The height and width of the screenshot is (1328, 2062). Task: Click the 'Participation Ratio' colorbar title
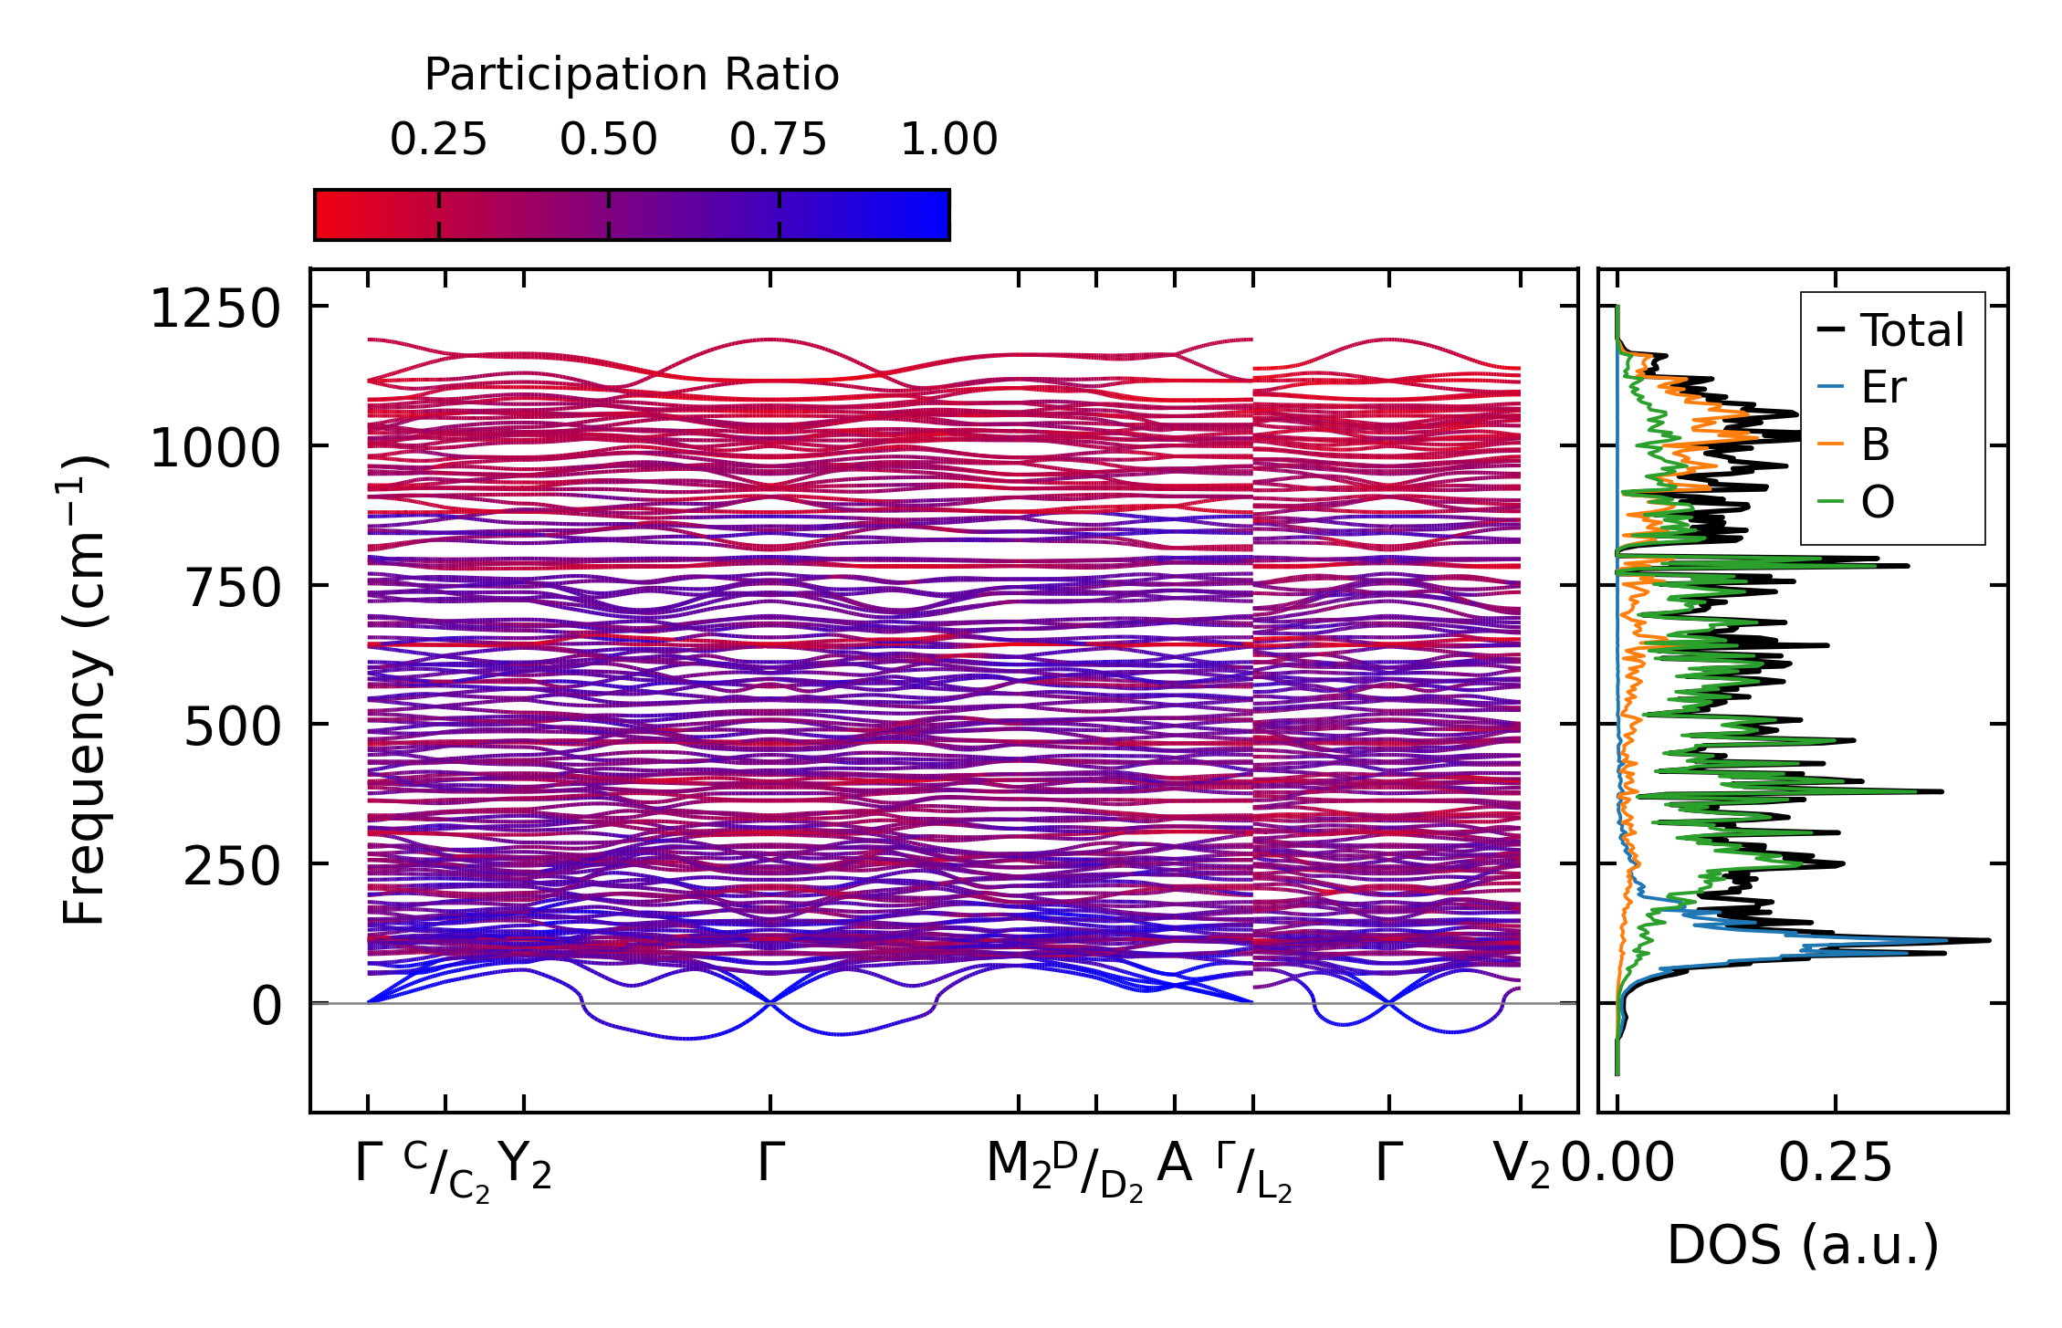[632, 75]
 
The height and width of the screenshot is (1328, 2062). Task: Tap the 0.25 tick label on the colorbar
[438, 140]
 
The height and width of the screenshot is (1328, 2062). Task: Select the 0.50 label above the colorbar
[608, 140]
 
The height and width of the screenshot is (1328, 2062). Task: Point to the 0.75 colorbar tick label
[778, 140]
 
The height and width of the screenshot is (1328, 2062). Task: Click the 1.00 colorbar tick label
[948, 140]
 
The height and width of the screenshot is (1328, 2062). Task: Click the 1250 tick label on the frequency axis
[215, 308]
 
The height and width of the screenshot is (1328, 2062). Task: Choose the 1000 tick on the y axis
[215, 448]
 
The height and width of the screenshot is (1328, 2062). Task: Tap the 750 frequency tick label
[233, 588]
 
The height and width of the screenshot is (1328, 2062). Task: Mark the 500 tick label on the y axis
[233, 727]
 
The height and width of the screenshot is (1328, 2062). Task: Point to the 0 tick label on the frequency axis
[267, 1007]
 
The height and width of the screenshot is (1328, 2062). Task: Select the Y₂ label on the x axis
[527, 1165]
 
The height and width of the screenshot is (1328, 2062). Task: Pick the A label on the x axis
[1174, 1163]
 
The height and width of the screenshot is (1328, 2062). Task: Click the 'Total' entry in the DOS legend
[1911, 330]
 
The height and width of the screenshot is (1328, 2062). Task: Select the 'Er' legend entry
[1883, 388]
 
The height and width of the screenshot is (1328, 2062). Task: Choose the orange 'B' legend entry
[1875, 445]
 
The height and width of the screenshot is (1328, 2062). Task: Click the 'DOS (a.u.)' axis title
[1803, 1245]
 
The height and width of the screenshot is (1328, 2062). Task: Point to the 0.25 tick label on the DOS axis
[1835, 1165]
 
